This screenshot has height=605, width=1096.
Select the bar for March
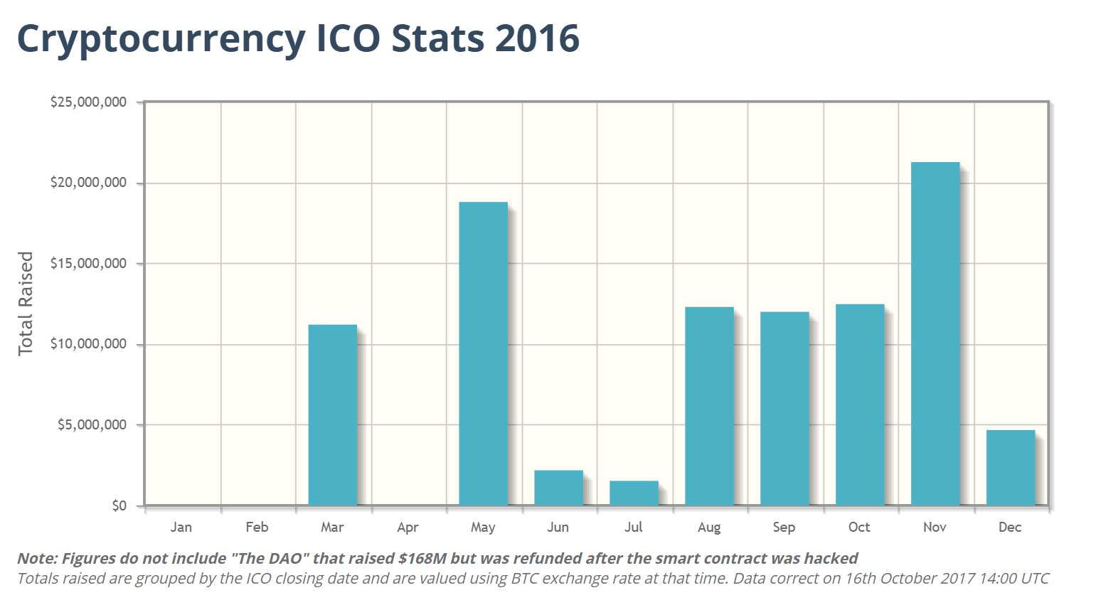[332, 415]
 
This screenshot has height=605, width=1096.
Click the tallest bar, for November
[935, 334]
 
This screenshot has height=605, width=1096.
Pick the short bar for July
[634, 493]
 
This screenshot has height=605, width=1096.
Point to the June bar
[558, 488]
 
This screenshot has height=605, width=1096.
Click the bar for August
[709, 406]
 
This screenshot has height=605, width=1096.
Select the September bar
[784, 409]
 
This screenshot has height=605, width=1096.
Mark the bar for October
[859, 405]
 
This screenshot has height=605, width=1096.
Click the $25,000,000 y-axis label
[88, 102]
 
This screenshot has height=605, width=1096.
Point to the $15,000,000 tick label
[88, 264]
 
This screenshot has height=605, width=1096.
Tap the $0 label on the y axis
[119, 505]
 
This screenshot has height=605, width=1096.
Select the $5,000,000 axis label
[92, 425]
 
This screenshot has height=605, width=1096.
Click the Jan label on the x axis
[181, 527]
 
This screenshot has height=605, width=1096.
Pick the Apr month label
[408, 527]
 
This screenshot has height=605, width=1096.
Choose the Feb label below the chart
[257, 527]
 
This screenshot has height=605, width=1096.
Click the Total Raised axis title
[26, 304]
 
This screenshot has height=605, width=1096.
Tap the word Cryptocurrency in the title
[161, 38]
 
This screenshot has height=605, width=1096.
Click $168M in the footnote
[422, 559]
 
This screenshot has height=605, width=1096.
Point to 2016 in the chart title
[537, 38]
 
